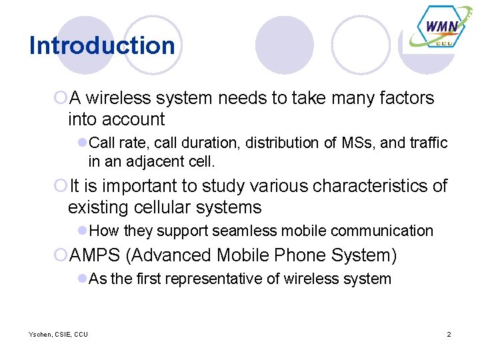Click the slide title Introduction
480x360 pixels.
click(102, 45)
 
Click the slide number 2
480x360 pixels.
click(449, 334)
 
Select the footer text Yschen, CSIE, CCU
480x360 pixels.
click(58, 334)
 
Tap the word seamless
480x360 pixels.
click(241, 231)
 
